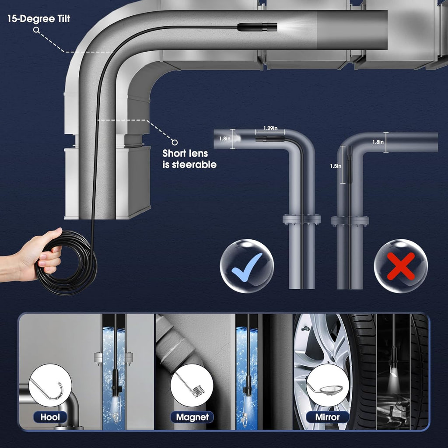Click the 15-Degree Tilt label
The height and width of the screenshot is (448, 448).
(x=38, y=19)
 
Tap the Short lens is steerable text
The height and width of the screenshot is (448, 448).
(x=189, y=159)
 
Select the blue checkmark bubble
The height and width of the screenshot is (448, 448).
(x=247, y=266)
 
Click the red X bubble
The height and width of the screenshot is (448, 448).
(x=401, y=266)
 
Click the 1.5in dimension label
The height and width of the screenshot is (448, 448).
(x=333, y=166)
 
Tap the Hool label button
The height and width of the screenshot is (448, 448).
(x=51, y=417)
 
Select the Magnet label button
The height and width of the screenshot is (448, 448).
(x=192, y=417)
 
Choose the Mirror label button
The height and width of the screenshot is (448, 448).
(x=328, y=417)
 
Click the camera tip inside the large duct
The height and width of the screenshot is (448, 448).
(x=258, y=27)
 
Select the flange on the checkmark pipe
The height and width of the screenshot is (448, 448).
(x=301, y=219)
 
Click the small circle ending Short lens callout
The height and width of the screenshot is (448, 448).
(x=175, y=142)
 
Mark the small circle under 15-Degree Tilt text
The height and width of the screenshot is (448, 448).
(x=37, y=30)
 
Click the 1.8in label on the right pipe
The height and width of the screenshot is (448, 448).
(x=378, y=142)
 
